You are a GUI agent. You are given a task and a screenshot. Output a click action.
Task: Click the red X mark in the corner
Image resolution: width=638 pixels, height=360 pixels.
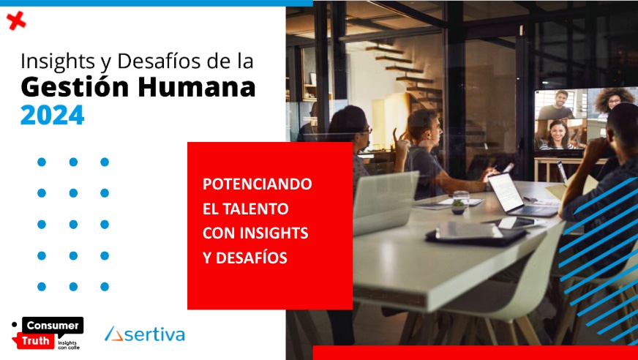click(x=16, y=20)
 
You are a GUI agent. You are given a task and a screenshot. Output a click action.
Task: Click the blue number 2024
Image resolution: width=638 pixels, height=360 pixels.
click(x=52, y=115)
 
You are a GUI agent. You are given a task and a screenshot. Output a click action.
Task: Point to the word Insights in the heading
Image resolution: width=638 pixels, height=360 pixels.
click(x=57, y=62)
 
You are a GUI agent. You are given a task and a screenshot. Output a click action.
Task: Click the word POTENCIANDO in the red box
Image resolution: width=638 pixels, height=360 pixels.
click(x=257, y=184)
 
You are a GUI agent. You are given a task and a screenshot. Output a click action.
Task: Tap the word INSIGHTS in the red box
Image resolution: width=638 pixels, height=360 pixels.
click(x=274, y=233)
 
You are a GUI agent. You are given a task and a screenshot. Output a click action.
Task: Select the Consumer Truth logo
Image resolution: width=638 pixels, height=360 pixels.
click(x=48, y=333)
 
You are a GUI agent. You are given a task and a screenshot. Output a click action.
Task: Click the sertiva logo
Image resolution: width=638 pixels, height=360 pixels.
click(x=145, y=334)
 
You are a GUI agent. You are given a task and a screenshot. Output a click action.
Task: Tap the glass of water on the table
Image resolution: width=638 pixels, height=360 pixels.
click(x=461, y=198)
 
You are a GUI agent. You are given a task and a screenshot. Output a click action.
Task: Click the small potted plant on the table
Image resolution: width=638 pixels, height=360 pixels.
click(x=458, y=206)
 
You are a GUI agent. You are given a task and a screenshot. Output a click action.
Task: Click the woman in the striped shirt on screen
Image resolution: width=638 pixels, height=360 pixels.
click(x=557, y=135)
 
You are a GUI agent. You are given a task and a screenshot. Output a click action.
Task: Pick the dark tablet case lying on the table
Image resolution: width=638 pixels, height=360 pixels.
click(x=476, y=235)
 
